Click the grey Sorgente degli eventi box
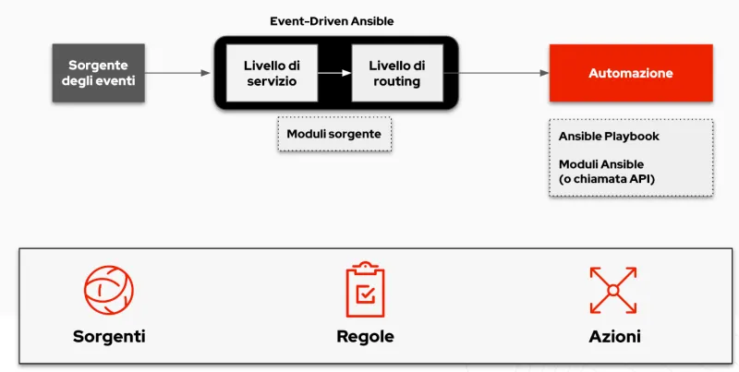[x=98, y=73]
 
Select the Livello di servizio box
[x=272, y=73]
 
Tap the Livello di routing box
[x=396, y=73]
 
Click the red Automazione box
[x=631, y=73]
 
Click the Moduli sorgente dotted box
[x=333, y=134]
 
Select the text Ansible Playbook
[x=609, y=136]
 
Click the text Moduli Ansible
[x=602, y=163]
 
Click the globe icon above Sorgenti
[x=109, y=290]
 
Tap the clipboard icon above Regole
[x=365, y=289]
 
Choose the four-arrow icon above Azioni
[x=614, y=290]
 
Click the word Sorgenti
[x=109, y=336]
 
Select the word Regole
[x=365, y=336]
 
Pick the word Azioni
[x=614, y=336]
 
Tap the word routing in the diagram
[x=396, y=81]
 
